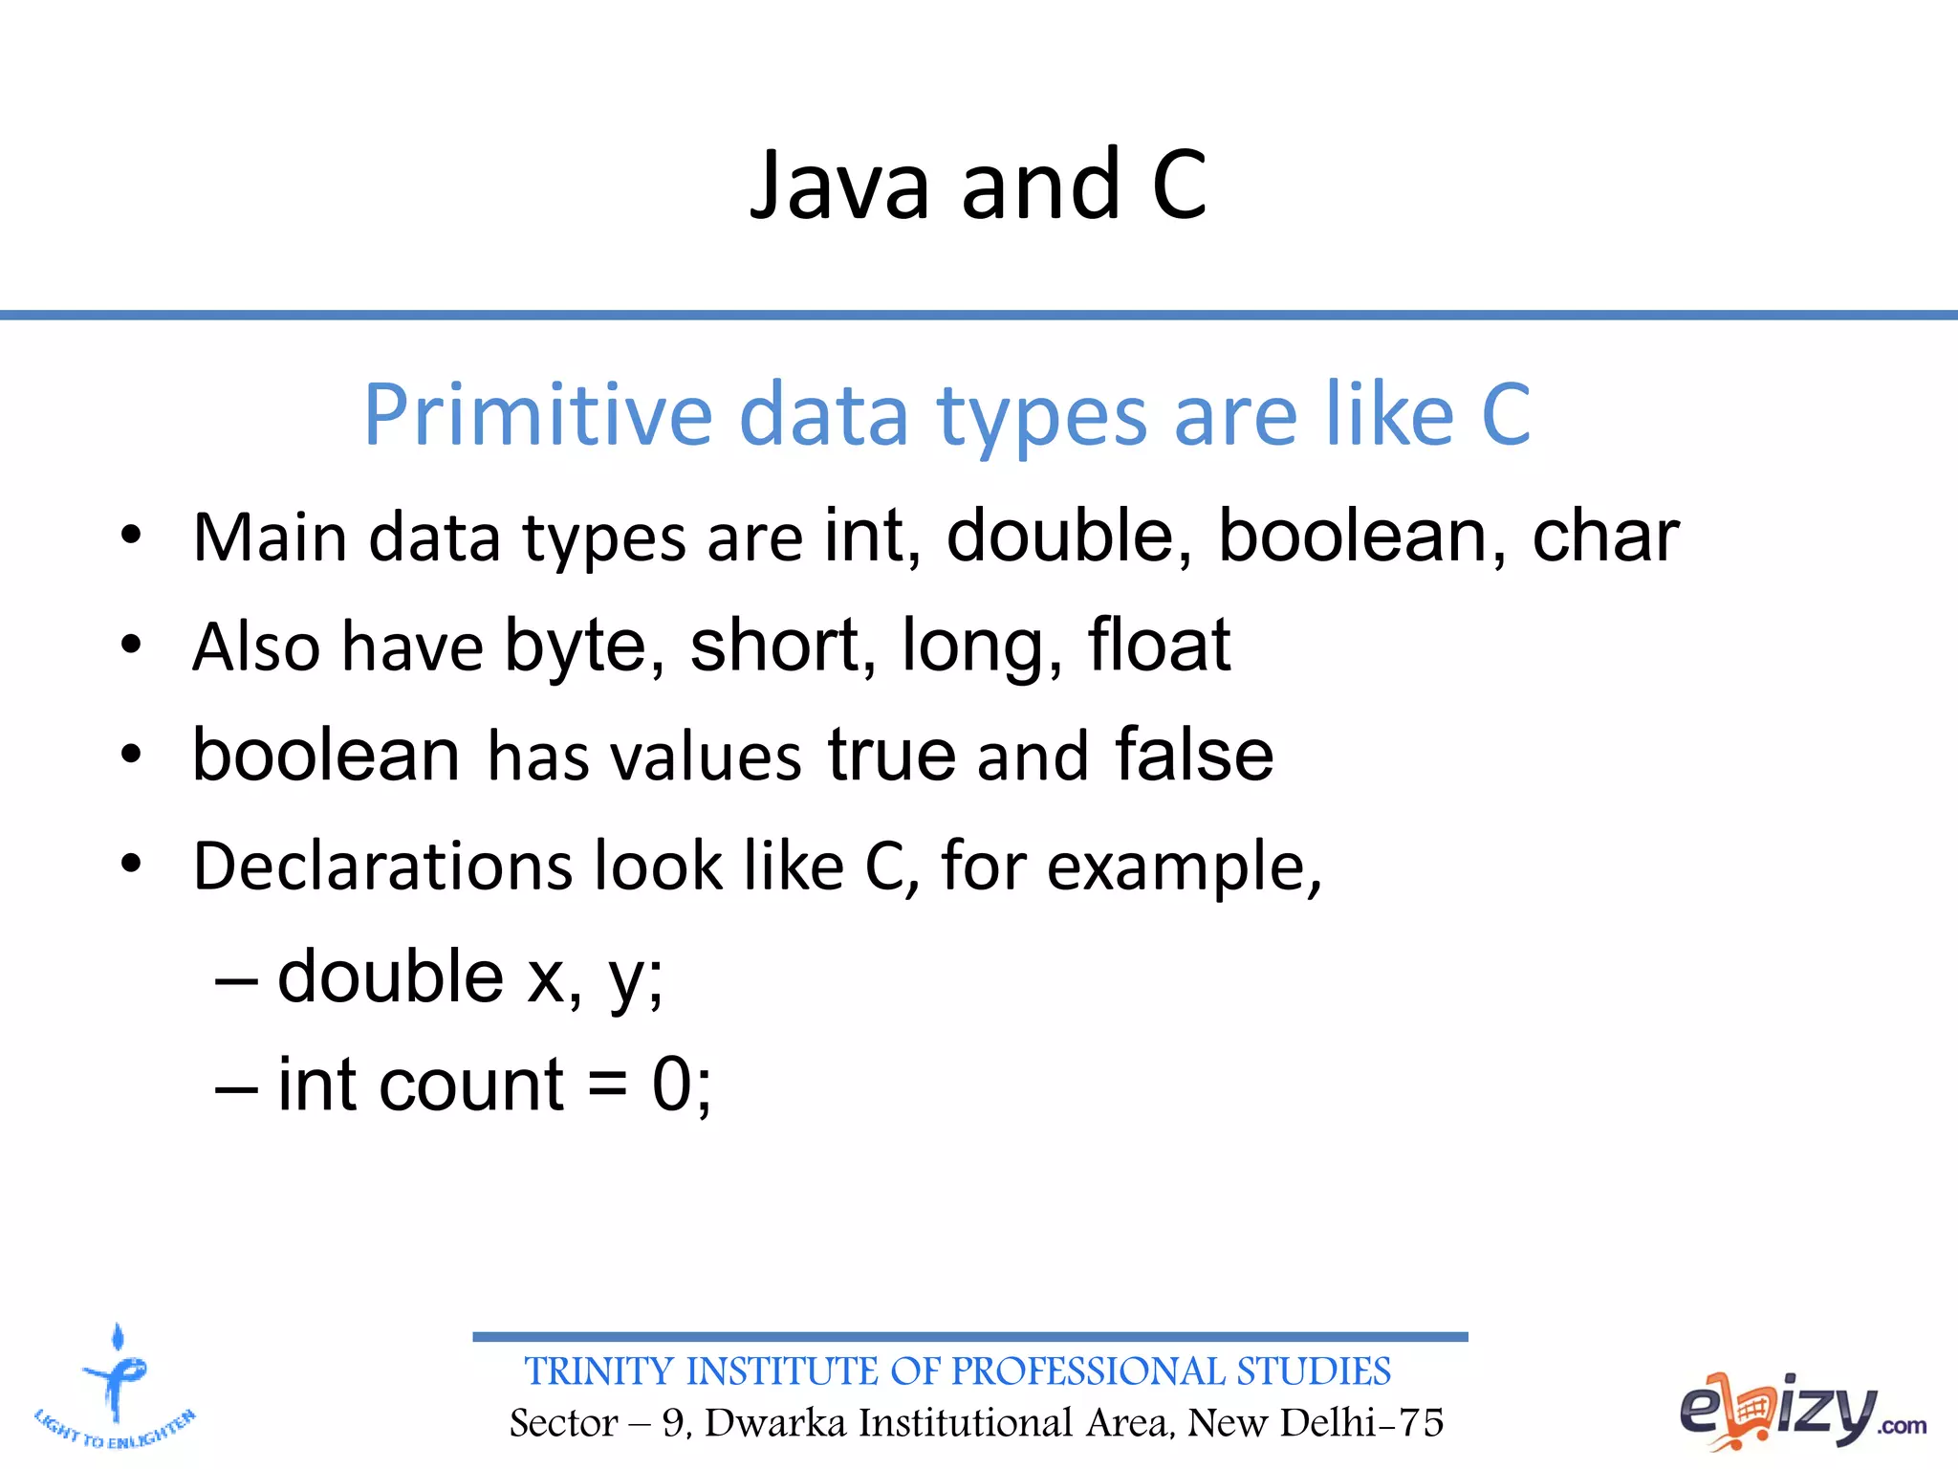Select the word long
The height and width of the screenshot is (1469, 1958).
[x=980, y=648]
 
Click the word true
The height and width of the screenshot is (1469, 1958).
[x=891, y=755]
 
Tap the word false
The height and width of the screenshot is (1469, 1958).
[x=1194, y=755]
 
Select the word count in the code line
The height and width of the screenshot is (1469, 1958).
[x=470, y=1085]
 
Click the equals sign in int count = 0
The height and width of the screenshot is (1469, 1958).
[x=607, y=1087]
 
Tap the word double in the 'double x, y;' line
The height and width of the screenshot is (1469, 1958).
[x=390, y=976]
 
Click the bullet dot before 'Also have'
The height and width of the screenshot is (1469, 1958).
[x=131, y=645]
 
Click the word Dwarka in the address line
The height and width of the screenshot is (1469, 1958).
[x=775, y=1423]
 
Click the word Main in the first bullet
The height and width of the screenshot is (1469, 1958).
[x=271, y=537]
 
